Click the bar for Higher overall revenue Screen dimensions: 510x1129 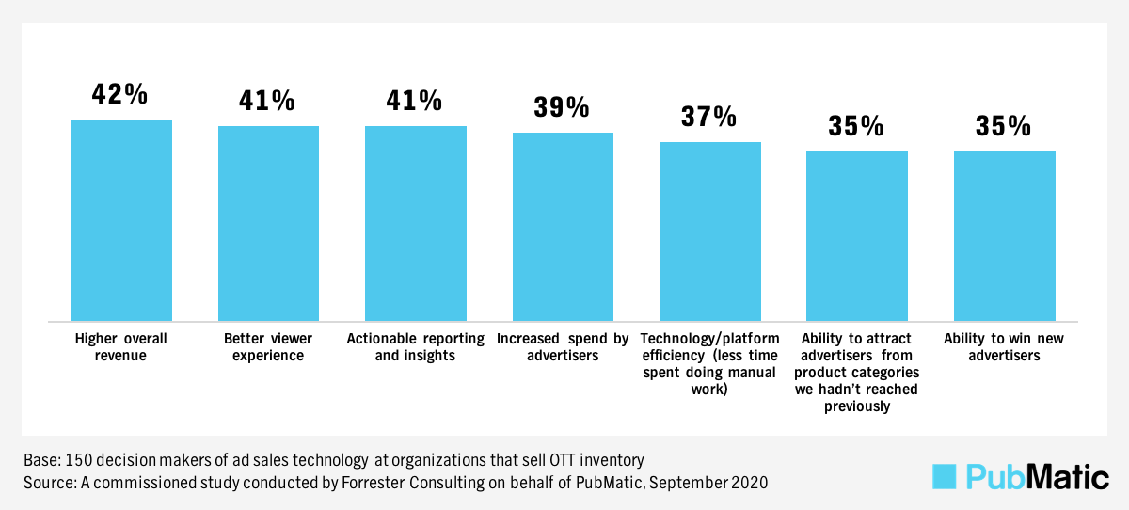pyautogui.click(x=121, y=220)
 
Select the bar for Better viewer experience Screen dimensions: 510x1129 pyautogui.click(x=268, y=223)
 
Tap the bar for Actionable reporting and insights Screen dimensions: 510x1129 pyautogui.click(x=416, y=223)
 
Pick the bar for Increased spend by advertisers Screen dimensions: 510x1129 pyautogui.click(x=563, y=227)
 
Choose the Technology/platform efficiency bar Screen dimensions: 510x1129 pyautogui.click(x=710, y=231)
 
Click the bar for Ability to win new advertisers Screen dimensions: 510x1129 pyautogui.click(x=1005, y=236)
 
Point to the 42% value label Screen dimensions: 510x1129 pyautogui.click(x=119, y=94)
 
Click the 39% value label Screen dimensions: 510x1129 pyautogui.click(x=562, y=107)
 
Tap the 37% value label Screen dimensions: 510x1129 pyautogui.click(x=709, y=117)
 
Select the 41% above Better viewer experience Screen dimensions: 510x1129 pyautogui.click(x=267, y=101)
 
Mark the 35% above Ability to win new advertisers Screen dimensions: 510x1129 pyautogui.click(x=1004, y=126)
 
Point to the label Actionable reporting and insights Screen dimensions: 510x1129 pyautogui.click(x=415, y=347)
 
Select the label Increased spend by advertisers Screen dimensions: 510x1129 pyautogui.click(x=563, y=347)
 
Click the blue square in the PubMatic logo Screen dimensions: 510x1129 pyautogui.click(x=944, y=476)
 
